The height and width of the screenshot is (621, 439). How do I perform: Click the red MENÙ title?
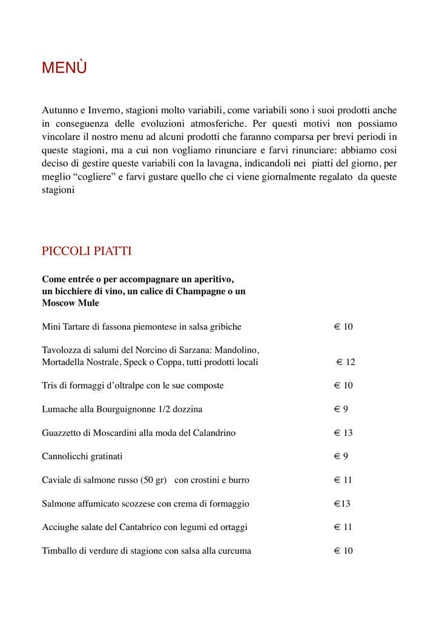(x=64, y=68)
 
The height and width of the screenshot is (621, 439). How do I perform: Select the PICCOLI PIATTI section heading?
(x=87, y=251)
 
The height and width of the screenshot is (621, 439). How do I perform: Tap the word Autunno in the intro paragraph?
(x=59, y=110)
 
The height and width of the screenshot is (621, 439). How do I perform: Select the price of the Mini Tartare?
(x=343, y=327)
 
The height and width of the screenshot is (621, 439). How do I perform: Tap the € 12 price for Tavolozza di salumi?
(x=346, y=362)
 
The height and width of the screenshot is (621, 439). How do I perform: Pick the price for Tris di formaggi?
(x=343, y=386)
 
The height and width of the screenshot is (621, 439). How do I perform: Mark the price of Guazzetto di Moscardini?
(x=343, y=433)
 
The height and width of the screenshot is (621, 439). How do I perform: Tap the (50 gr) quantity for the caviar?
(x=152, y=480)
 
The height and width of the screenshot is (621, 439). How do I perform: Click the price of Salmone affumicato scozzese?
(x=342, y=504)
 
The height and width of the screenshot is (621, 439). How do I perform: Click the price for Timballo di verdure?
(x=343, y=551)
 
